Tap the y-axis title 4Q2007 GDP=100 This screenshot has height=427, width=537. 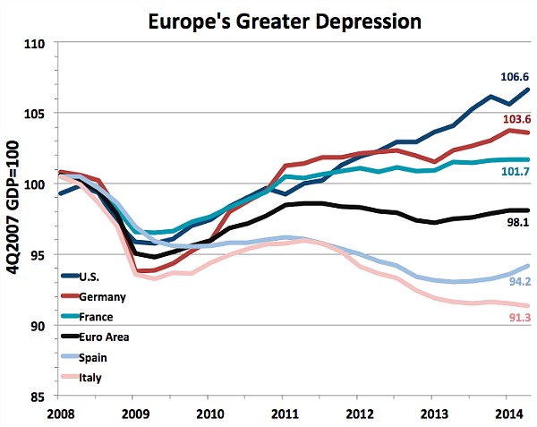point(15,218)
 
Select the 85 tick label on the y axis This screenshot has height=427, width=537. point(38,397)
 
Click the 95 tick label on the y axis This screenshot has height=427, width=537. point(38,255)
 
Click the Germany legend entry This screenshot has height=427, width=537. point(101,295)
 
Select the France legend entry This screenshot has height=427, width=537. point(97,316)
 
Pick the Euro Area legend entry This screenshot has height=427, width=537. point(104,337)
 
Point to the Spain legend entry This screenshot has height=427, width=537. point(95,357)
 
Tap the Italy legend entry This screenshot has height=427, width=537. point(91,378)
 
